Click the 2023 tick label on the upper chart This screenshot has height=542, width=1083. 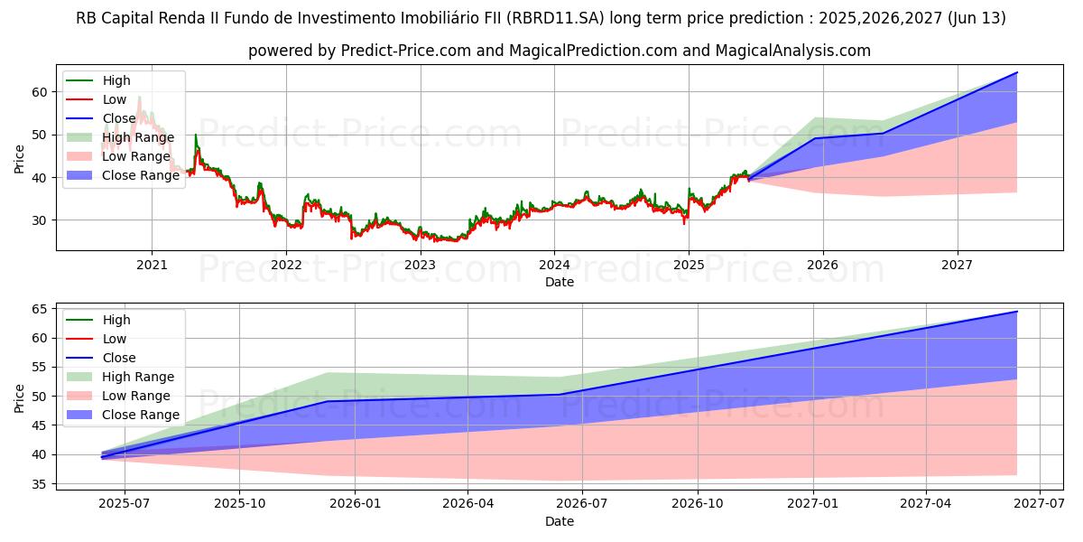pos(420,265)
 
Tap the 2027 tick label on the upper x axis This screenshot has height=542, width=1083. pos(957,265)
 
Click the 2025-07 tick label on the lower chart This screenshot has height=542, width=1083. pos(125,504)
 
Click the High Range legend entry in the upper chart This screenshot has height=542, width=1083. pos(137,137)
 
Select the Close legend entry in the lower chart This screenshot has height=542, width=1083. pos(119,358)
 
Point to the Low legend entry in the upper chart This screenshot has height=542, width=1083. pos(115,99)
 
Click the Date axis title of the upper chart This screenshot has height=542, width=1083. pos(560,282)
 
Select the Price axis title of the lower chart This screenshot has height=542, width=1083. pos(20,397)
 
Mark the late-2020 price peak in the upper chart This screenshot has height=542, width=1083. pos(139,98)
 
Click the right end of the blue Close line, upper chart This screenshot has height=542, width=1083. pos(1017,72)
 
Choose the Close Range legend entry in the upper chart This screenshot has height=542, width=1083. pos(141,175)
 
